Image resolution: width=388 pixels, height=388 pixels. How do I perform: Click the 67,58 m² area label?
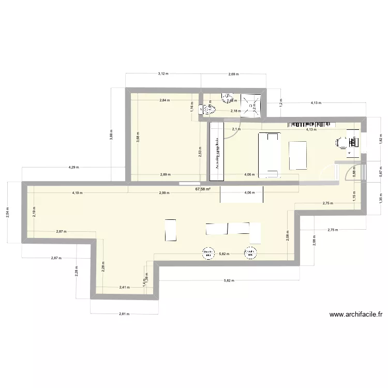coord(203,189)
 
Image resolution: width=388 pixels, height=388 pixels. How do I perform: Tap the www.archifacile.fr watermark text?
coord(355,314)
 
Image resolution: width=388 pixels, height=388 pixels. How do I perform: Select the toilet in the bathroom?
coord(209,109)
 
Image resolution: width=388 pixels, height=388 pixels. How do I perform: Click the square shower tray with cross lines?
coord(253,106)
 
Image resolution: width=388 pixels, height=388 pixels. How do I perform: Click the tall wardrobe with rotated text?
coord(215,151)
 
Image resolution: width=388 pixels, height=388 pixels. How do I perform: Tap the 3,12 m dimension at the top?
coord(162,74)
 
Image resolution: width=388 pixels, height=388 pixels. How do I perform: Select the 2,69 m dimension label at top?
coord(233,74)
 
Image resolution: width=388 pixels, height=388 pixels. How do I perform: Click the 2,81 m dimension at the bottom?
coord(123,314)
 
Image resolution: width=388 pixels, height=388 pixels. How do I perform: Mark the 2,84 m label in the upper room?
coord(164,100)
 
